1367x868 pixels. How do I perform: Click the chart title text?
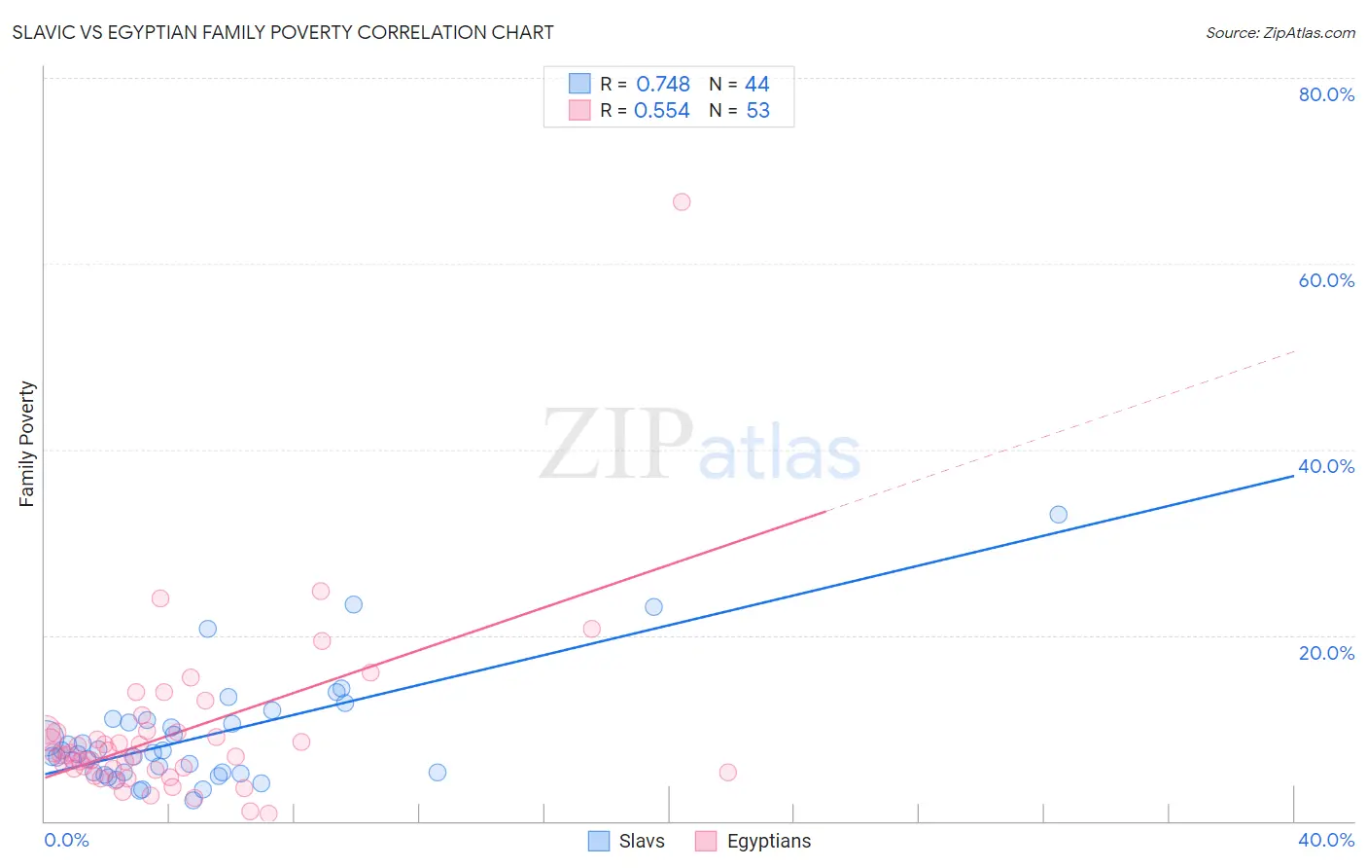point(283,32)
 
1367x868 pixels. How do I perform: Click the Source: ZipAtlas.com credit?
point(1279,32)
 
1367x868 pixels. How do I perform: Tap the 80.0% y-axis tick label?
point(1326,94)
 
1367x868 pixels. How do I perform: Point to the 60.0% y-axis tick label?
point(1326,280)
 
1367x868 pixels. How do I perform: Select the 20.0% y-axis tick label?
point(1326,653)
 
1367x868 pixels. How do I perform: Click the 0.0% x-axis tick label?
point(66,840)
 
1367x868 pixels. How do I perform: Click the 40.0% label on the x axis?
point(1326,840)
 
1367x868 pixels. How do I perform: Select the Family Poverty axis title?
point(26,444)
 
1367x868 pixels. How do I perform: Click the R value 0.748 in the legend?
point(662,84)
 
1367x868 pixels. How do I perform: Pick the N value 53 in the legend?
point(757,110)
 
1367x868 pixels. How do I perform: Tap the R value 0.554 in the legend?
point(661,110)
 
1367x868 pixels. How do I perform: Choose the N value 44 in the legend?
point(756,84)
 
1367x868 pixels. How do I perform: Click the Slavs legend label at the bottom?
point(642,841)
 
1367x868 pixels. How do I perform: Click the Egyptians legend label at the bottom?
point(768,841)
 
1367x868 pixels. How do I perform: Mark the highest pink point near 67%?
point(682,202)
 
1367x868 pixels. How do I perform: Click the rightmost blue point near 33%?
point(1059,515)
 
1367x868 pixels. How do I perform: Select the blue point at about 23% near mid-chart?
point(653,607)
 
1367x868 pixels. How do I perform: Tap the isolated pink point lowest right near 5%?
point(728,773)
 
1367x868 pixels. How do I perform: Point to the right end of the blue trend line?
point(1294,476)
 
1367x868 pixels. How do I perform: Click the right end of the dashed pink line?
point(1295,350)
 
